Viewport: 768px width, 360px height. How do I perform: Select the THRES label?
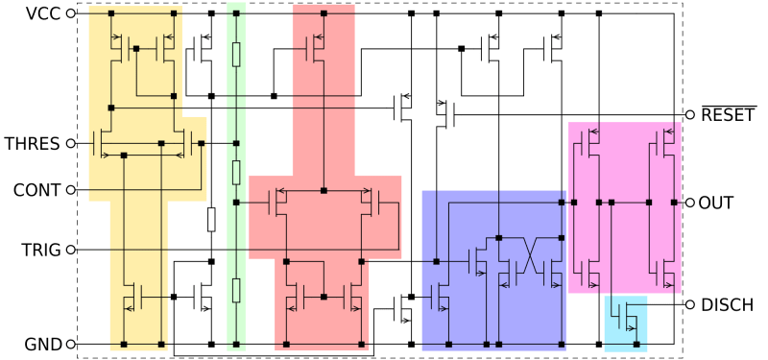tap(33, 144)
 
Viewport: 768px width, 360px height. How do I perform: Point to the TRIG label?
tap(39, 251)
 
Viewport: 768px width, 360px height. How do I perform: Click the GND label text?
tap(42, 344)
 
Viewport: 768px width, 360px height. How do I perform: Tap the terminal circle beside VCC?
tap(70, 16)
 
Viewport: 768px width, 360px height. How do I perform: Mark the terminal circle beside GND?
tap(70, 344)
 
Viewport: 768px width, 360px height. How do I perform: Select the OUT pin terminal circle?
tap(689, 204)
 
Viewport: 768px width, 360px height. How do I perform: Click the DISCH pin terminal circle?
tap(689, 305)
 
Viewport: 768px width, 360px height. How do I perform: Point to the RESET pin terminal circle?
tap(689, 115)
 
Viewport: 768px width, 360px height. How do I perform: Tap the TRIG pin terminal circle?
tap(70, 251)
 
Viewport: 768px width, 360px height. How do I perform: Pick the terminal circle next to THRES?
tap(70, 144)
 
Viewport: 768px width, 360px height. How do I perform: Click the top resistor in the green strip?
tap(236, 54)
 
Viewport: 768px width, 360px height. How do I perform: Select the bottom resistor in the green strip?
tap(236, 292)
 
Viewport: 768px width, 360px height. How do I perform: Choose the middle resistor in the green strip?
tap(236, 171)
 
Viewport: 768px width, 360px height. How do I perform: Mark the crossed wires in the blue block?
tap(529, 257)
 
